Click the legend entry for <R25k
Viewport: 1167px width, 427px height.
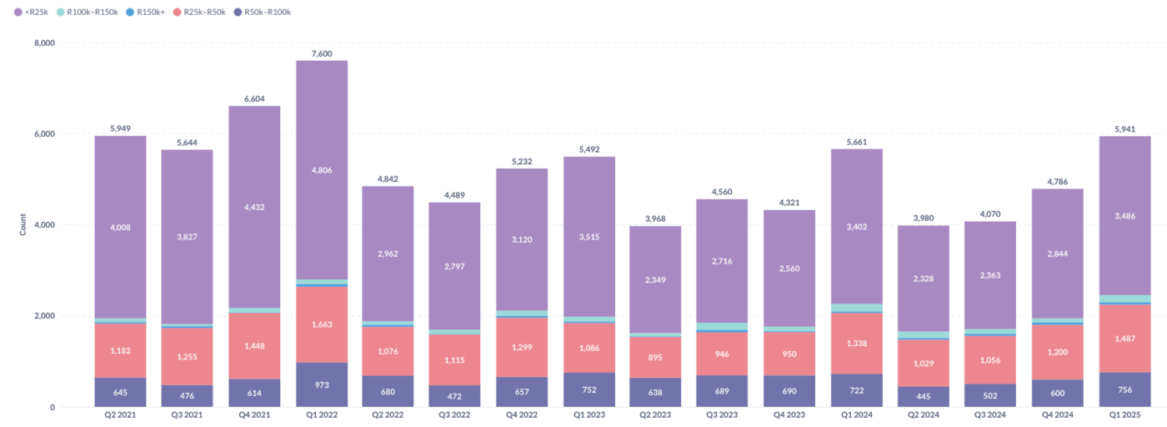(34, 13)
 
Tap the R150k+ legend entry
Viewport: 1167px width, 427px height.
(152, 13)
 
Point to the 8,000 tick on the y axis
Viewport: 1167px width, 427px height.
(43, 43)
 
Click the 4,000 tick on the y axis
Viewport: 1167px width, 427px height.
(43, 225)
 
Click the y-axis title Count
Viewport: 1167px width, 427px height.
(23, 225)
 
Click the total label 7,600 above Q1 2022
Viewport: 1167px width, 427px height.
(322, 53)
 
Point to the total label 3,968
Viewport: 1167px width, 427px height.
(656, 219)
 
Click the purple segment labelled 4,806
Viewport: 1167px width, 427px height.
(322, 170)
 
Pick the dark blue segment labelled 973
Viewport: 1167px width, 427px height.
(322, 385)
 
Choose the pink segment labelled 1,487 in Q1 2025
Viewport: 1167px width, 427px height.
(1124, 338)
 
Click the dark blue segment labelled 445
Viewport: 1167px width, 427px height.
(924, 397)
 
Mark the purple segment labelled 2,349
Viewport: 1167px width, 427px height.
(656, 279)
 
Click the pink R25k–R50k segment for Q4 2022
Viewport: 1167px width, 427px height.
(522, 347)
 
